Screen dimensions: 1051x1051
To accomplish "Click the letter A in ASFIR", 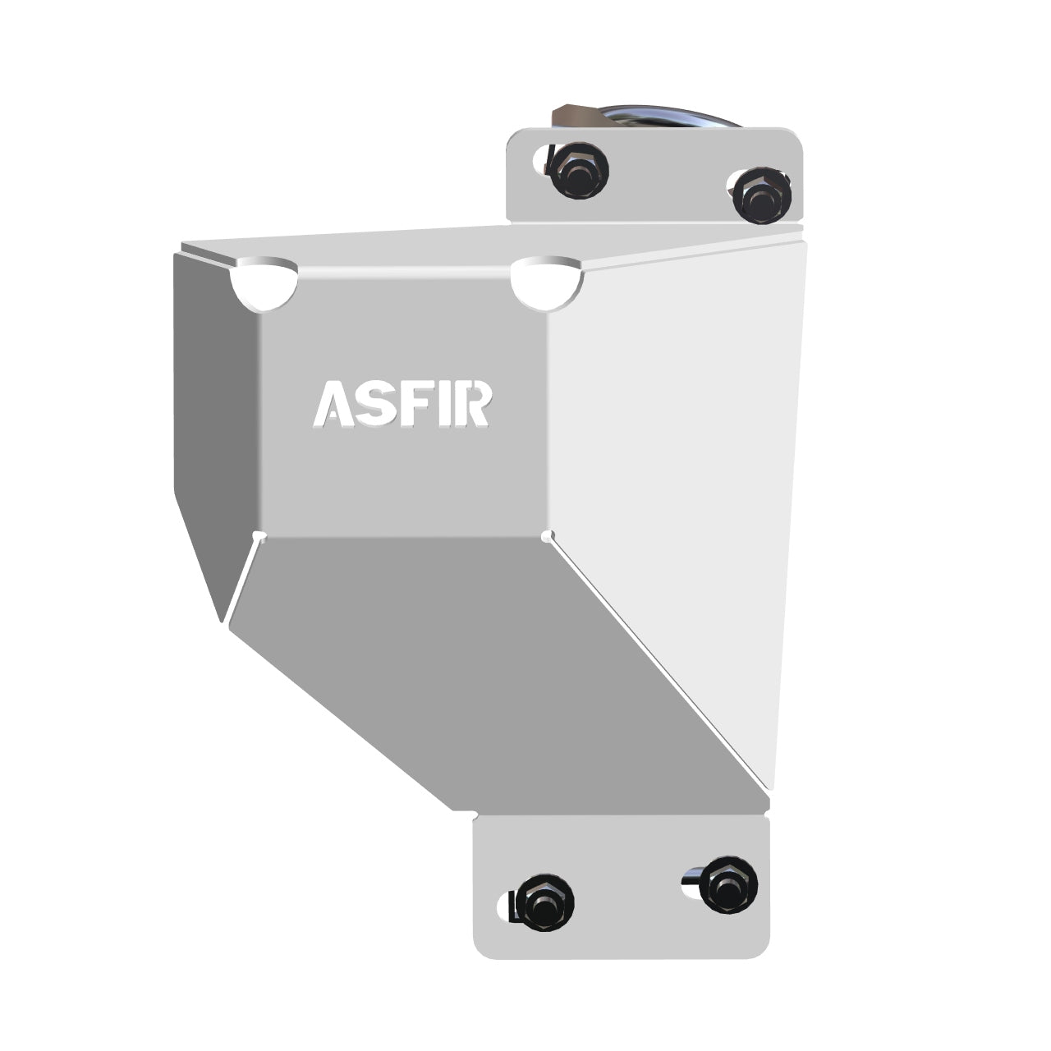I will pyautogui.click(x=335, y=404).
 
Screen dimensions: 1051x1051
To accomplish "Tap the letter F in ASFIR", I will pyautogui.click(x=420, y=403).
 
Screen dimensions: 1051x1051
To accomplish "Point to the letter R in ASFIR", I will pyautogui.click(x=476, y=403).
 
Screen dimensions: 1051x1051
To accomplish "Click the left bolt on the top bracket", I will pyautogui.click(x=579, y=170).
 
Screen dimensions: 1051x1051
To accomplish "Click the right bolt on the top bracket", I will pyautogui.click(x=762, y=195).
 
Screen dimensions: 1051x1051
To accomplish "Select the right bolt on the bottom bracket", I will pyautogui.click(x=728, y=883).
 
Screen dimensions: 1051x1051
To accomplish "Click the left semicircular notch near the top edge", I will pyautogui.click(x=264, y=286).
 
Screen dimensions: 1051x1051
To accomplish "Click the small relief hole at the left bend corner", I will pyautogui.click(x=259, y=536).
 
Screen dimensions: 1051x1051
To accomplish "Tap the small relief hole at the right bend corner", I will pyautogui.click(x=547, y=536).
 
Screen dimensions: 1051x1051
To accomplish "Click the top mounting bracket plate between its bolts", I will pyautogui.click(x=669, y=185).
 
